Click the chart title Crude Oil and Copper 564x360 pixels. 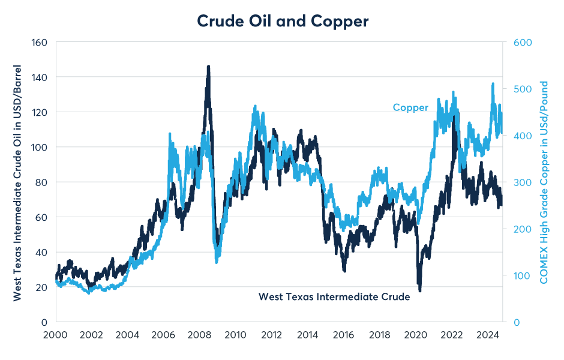(283, 22)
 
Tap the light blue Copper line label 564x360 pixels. (410, 108)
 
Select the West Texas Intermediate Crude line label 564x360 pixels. (334, 296)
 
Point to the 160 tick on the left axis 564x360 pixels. (40, 43)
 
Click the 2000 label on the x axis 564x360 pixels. (55, 334)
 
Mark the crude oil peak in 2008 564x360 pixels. (208, 67)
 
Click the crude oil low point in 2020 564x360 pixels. (420, 290)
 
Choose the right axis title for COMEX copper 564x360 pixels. (544, 181)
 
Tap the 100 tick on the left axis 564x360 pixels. (40, 147)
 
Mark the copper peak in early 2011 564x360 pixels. (255, 107)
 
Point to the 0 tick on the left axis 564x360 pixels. (44, 322)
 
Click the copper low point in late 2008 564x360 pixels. (217, 261)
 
